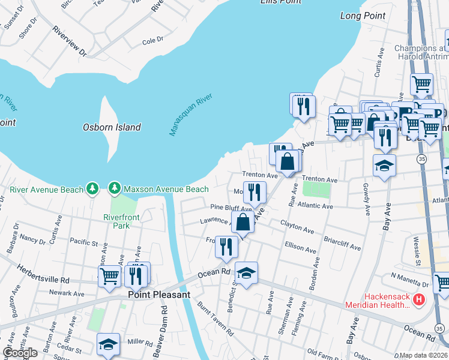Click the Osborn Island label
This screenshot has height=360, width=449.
tap(111, 127)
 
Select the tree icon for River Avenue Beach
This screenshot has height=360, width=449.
tap(92, 189)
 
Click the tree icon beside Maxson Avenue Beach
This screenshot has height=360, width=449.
tap(114, 189)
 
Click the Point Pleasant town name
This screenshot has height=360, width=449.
tap(158, 295)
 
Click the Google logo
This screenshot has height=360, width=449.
tap(20, 352)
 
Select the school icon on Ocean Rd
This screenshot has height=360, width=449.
tap(246, 274)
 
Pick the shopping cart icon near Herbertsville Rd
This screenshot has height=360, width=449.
tap(109, 276)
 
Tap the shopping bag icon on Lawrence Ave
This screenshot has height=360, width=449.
tap(243, 222)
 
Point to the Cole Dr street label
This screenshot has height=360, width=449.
tap(152, 40)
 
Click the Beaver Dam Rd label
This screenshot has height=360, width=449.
tap(163, 324)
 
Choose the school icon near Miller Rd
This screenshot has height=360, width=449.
tap(107, 344)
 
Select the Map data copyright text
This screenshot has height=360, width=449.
tap(424, 355)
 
